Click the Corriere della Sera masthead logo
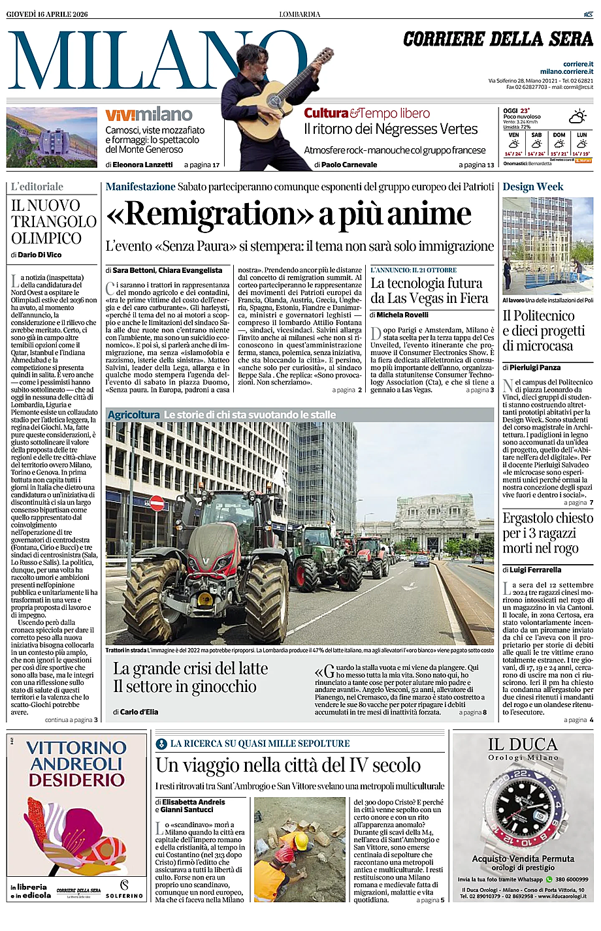pos(498,40)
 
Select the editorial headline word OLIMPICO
pos(46,238)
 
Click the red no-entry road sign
pos(157,503)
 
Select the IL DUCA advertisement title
pos(523,744)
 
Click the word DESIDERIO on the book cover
pos(76,780)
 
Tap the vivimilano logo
pos(149,115)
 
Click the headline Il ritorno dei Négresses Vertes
pos(391,129)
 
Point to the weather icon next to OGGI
pos(577,117)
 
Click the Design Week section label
pos(532,187)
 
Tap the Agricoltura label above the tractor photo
pos(133,415)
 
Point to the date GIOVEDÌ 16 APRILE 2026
pos(47,14)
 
